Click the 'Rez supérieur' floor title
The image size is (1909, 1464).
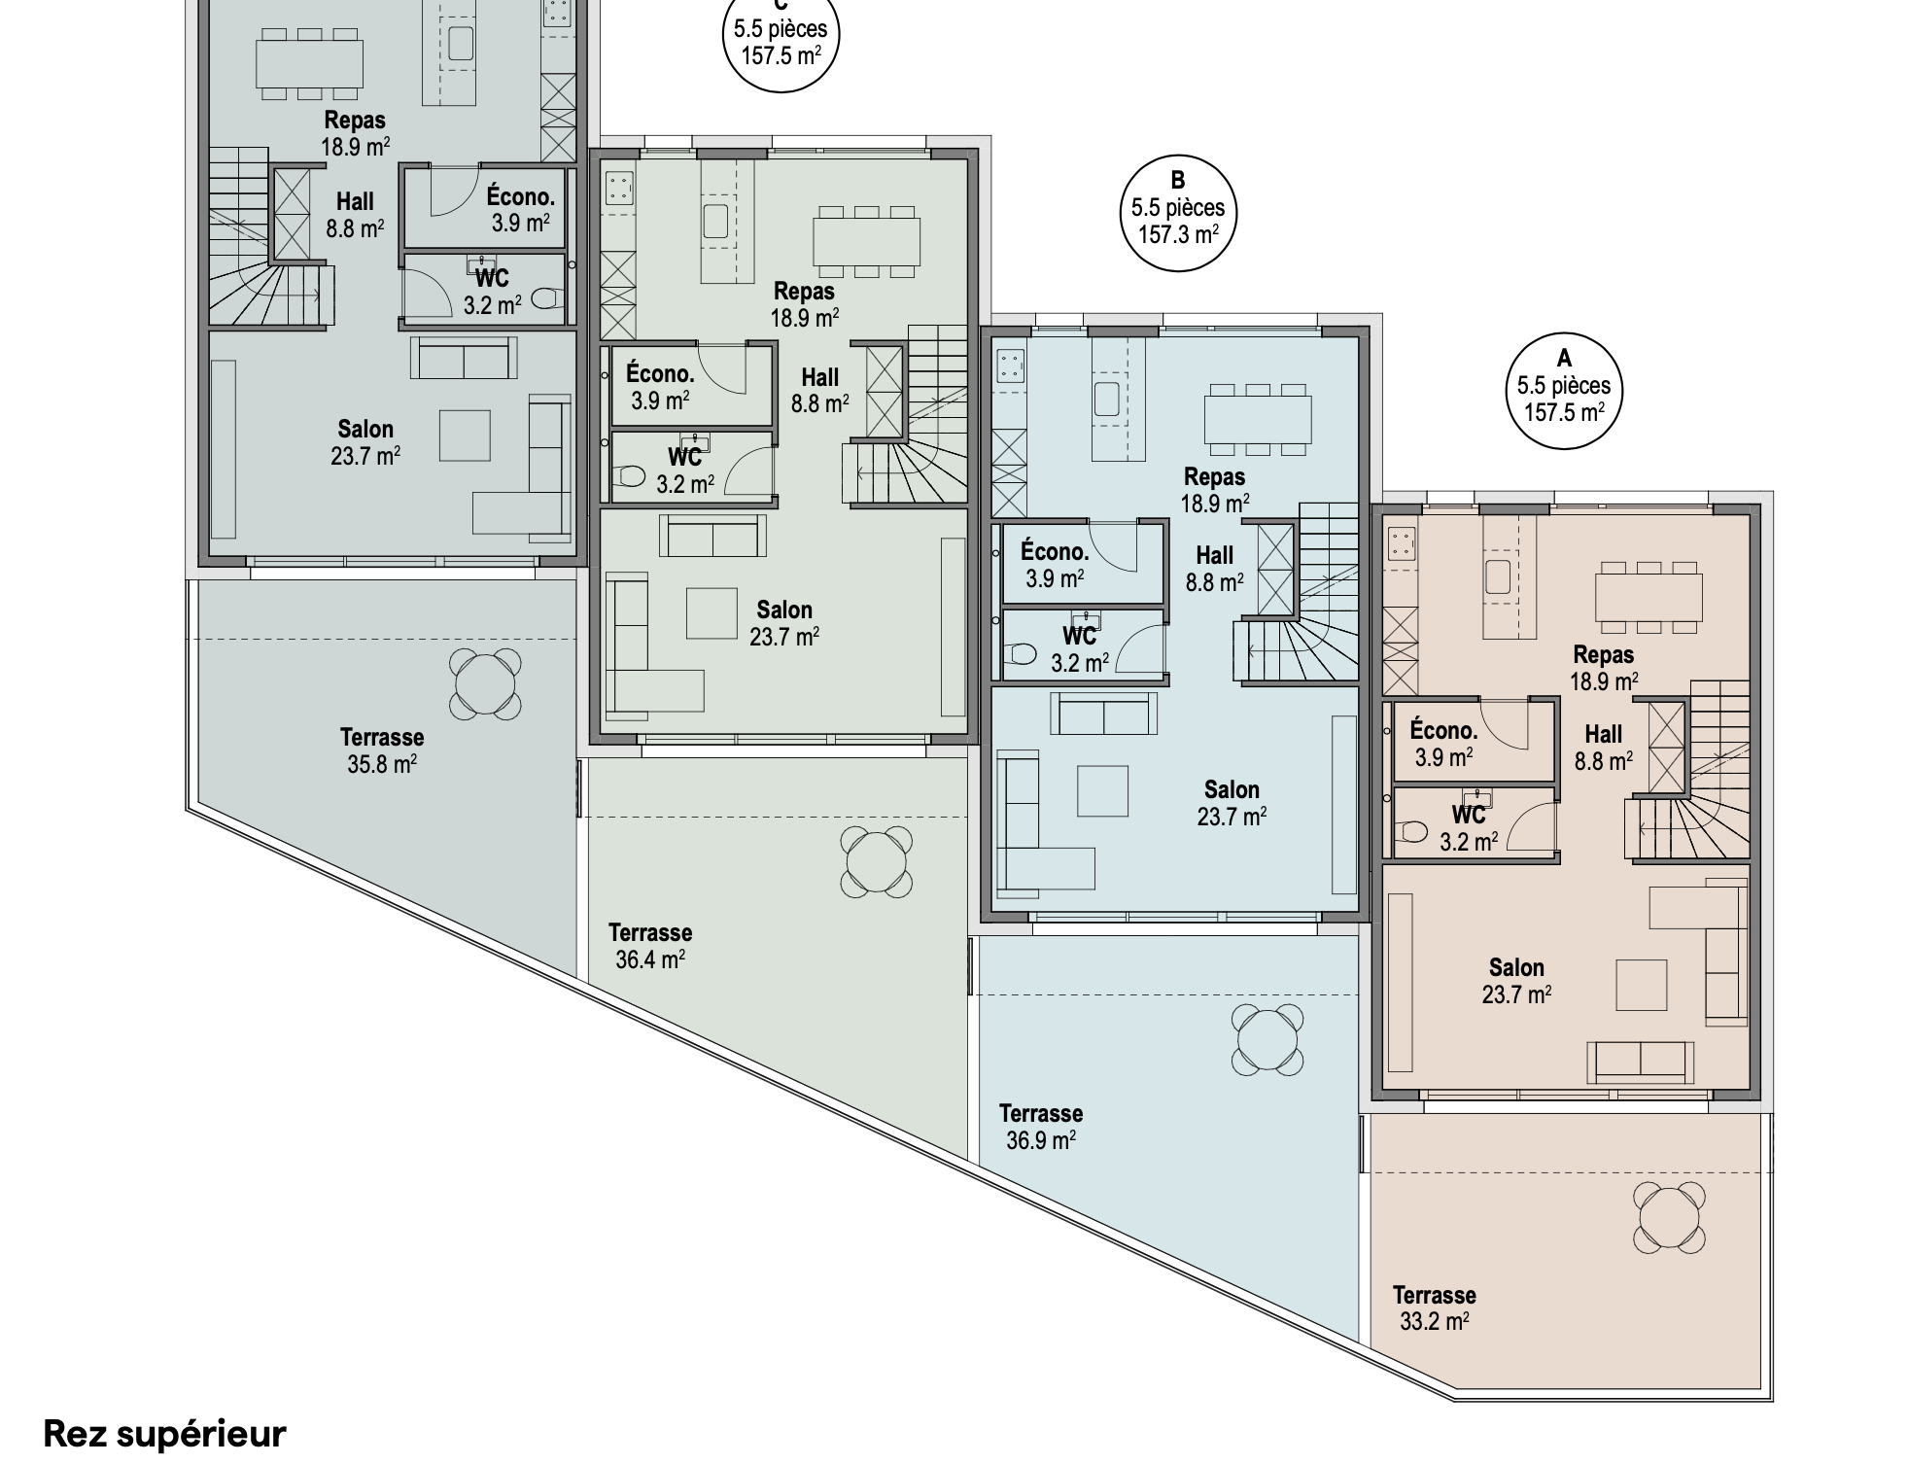pyautogui.click(x=165, y=1433)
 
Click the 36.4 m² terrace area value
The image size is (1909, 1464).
pyautogui.click(x=650, y=959)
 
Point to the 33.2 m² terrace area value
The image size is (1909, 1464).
pyautogui.click(x=1434, y=1321)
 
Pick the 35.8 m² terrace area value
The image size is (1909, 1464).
pyautogui.click(x=382, y=764)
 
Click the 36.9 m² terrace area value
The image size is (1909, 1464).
pyautogui.click(x=1040, y=1139)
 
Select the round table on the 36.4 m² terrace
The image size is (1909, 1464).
pyautogui.click(x=876, y=861)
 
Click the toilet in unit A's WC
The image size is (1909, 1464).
pyautogui.click(x=1414, y=832)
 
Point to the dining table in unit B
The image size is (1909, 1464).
pyautogui.click(x=1258, y=420)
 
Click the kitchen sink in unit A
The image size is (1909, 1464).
pyautogui.click(x=1498, y=575)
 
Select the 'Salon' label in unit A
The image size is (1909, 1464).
pyautogui.click(x=1516, y=967)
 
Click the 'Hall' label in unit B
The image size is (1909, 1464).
pyautogui.click(x=1215, y=555)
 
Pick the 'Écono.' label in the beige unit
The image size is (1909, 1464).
pyautogui.click(x=1443, y=729)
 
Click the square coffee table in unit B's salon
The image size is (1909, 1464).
pyautogui.click(x=1103, y=791)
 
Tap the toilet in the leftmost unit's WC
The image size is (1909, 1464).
pyautogui.click(x=547, y=297)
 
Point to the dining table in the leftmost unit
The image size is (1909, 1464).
pyautogui.click(x=310, y=63)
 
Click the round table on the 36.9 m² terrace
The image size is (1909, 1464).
pyautogui.click(x=1267, y=1039)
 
